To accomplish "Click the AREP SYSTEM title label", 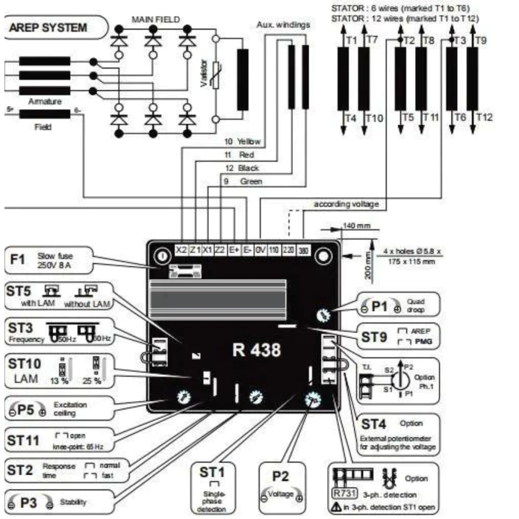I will coord(48,27).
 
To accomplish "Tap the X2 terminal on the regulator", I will coord(181,250).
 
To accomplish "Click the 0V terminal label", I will coord(261,250).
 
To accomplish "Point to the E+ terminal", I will coord(234,250).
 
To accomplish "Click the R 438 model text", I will coord(256,350).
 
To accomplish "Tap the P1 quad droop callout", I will coord(398,305).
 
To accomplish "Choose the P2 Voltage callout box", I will coord(282,484).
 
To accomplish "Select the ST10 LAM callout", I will coord(56,370).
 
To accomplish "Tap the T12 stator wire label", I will coord(485,118).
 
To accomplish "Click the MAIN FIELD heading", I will coord(155,19).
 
